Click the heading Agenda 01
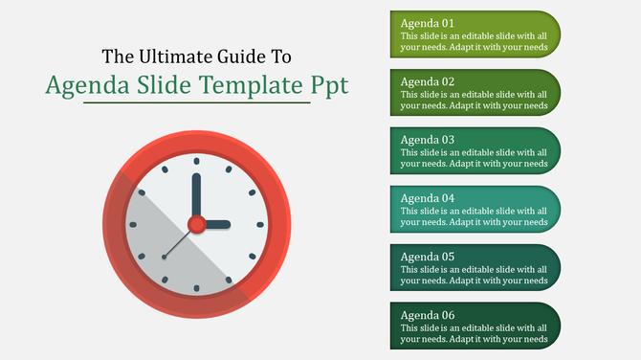428,22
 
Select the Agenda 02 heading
428,81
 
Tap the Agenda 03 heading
428,140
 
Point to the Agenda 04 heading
428,198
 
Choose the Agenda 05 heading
428,257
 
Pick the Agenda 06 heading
428,315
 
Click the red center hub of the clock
196,224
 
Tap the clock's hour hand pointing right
216,224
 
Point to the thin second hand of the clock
178,243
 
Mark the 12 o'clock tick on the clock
196,159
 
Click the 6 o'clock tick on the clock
196,288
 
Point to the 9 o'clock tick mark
132,224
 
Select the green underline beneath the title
196,102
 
